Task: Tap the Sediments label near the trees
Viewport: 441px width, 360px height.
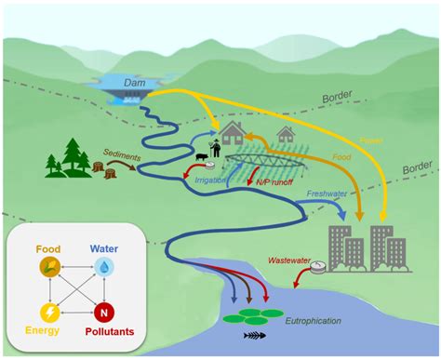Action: pyautogui.click(x=122, y=149)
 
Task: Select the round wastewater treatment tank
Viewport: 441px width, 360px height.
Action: pyautogui.click(x=319, y=267)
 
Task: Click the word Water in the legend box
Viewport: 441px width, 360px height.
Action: pyautogui.click(x=105, y=248)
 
